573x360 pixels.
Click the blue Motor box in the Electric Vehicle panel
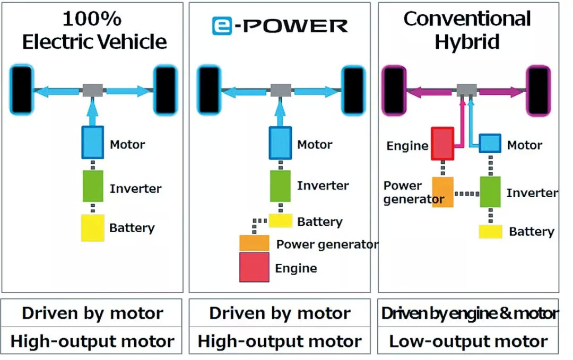point(93,142)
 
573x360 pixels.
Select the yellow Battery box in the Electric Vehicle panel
point(92,228)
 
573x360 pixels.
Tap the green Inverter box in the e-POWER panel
point(280,186)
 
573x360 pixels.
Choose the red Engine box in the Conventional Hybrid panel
point(442,143)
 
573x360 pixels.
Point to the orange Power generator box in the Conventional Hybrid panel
point(443,192)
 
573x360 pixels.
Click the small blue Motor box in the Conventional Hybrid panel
point(490,143)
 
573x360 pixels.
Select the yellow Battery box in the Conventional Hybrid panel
point(491,232)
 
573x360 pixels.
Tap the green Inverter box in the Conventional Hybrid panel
point(490,192)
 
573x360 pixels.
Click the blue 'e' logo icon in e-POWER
point(223,25)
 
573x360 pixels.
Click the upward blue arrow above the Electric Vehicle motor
point(93,111)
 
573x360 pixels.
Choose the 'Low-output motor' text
point(468,341)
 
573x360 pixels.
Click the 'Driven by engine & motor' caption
point(469,313)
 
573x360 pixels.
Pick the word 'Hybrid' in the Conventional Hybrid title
point(467,42)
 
